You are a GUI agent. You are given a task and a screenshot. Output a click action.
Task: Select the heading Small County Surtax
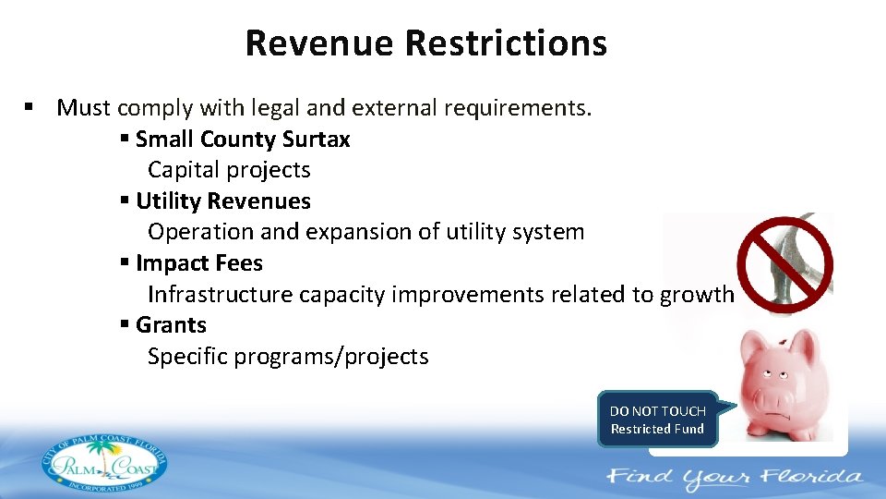(243, 140)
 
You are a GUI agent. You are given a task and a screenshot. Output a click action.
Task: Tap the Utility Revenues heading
(222, 201)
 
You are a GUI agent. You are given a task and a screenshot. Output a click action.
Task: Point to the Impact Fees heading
(198, 263)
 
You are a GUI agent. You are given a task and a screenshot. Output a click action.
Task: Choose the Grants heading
(171, 325)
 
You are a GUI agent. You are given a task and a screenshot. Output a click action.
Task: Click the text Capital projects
(229, 170)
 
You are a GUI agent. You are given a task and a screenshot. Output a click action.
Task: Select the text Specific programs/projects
(288, 357)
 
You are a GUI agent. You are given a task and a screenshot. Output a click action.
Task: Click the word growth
(697, 295)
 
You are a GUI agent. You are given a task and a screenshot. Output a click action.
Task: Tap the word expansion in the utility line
(365, 232)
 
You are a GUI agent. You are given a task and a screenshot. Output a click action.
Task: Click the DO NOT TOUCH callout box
(657, 420)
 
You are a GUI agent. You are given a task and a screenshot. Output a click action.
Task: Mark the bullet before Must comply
(30, 107)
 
